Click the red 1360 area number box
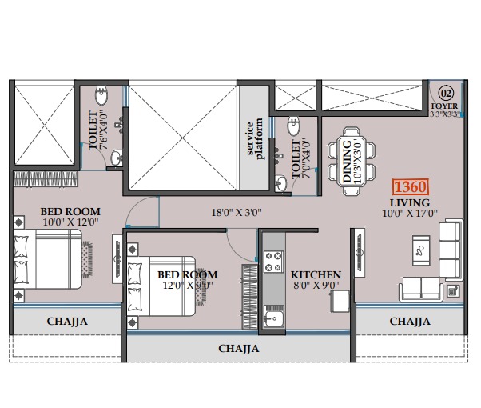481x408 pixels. pos(411,186)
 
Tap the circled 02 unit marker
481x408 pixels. pos(446,93)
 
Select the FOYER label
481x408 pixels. pos(444,106)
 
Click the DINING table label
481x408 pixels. pos(347,162)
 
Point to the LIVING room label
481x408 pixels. pos(410,202)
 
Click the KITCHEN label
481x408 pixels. pos(316,274)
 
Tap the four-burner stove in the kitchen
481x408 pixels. pos(273,262)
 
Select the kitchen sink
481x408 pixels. pos(273,317)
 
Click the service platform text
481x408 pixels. pos(255,138)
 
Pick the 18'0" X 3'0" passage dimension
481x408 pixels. pos(237,212)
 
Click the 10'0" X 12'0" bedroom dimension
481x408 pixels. pos(70,222)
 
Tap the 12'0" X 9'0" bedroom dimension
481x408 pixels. pos(188,285)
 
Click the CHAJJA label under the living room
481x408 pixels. pos(410,322)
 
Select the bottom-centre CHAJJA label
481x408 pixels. pos(239,349)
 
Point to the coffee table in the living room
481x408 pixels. pos(421,250)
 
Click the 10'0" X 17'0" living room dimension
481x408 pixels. pos(410,213)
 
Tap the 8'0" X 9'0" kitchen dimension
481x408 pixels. pos(316,285)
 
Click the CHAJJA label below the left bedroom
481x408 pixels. pos(67,322)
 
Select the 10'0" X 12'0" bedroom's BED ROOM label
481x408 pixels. pos(70,212)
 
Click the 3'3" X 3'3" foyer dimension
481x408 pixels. pos(445,114)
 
